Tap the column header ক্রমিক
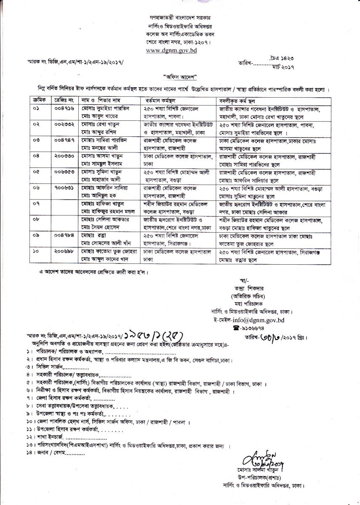pos(39,101)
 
